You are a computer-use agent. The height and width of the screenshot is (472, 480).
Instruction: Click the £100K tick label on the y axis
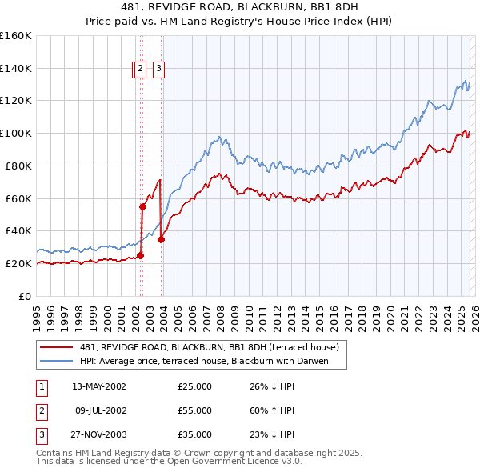coord(16,133)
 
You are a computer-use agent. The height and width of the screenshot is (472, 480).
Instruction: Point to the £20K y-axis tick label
coord(18,263)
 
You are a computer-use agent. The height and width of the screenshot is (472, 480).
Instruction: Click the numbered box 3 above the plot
coord(158,70)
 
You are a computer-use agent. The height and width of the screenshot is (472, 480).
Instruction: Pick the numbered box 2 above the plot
coord(140,70)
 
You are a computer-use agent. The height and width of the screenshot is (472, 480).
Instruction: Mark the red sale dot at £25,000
coord(140,255)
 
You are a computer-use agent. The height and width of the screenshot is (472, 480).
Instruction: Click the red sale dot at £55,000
coord(142,206)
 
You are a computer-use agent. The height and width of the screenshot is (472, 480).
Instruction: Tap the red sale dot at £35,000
coord(162,238)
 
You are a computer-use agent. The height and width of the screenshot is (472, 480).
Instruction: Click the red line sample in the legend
coord(56,347)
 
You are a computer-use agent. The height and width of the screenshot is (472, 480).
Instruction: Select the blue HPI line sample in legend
coord(56,361)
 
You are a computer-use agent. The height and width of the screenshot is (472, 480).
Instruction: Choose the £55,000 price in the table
coord(195,410)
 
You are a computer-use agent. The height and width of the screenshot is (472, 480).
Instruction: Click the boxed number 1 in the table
coord(41,386)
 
